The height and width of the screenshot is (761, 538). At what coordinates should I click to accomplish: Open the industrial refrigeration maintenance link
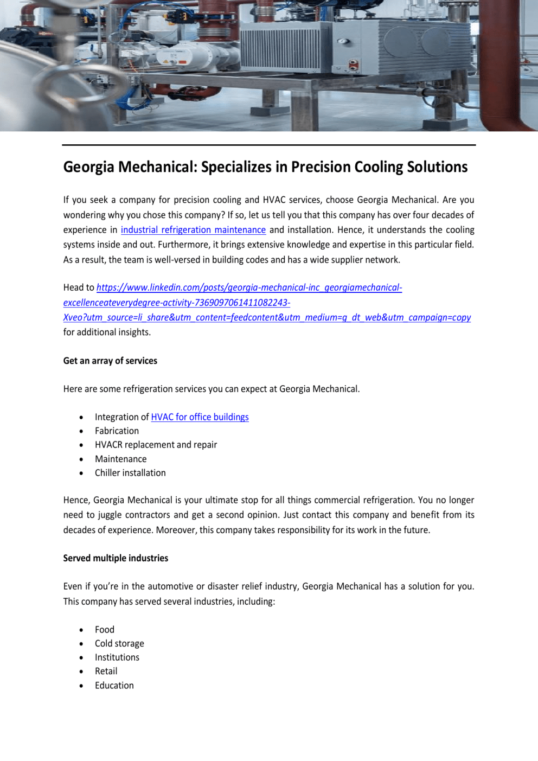pyautogui.click(x=193, y=230)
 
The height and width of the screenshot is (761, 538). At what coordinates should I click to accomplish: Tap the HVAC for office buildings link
pyautogui.click(x=200, y=417)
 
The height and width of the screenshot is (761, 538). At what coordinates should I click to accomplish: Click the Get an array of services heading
pyautogui.click(x=110, y=361)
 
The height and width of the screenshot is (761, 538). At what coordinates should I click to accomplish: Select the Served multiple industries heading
pyautogui.click(x=116, y=558)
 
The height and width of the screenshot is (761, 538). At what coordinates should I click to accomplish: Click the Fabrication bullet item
pyautogui.click(x=117, y=431)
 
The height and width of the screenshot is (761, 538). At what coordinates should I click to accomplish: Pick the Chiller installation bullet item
pyautogui.click(x=130, y=473)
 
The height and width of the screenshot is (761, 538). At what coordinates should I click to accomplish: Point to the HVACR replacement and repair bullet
pyautogui.click(x=156, y=445)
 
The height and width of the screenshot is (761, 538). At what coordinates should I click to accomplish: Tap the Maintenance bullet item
pyautogui.click(x=120, y=459)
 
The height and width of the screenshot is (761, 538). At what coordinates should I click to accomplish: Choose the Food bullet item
pyautogui.click(x=105, y=630)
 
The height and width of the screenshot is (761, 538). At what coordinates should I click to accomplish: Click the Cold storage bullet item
pyautogui.click(x=119, y=644)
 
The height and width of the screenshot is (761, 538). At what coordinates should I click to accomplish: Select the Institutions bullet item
pyautogui.click(x=117, y=657)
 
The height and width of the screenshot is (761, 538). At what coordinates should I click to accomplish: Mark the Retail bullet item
pyautogui.click(x=106, y=672)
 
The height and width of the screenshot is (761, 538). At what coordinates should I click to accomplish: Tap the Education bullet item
pyautogui.click(x=114, y=686)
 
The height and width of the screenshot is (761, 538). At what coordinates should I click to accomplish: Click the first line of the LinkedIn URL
pyautogui.click(x=249, y=288)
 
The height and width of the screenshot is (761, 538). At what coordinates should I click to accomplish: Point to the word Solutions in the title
pyautogui.click(x=437, y=167)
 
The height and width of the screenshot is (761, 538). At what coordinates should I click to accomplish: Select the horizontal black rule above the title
pyautogui.click(x=269, y=145)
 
